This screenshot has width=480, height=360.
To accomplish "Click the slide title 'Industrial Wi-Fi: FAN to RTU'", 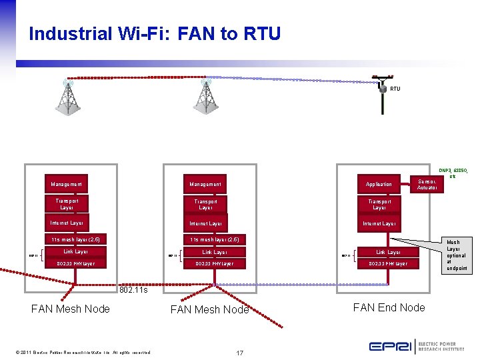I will tap(155, 33).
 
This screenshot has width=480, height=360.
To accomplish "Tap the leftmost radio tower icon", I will tap(67, 97).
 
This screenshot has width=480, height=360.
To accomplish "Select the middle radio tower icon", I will tap(205, 97).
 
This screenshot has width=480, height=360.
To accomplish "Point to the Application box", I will tap(379, 184).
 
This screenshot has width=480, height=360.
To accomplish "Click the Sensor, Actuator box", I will tap(427, 184).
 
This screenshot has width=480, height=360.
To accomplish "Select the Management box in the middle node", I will tap(205, 184).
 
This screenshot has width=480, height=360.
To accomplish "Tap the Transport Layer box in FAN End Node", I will tap(379, 204).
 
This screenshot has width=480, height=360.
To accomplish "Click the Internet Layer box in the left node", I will tap(67, 223).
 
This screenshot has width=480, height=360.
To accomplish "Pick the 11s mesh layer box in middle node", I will tap(214, 239).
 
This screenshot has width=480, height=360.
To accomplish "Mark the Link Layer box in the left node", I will tap(75, 252).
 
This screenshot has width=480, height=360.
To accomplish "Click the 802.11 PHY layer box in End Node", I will tap(388, 264).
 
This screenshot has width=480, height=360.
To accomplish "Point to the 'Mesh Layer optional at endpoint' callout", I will tap(457, 255).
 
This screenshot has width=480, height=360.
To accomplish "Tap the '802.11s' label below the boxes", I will tap(133, 291).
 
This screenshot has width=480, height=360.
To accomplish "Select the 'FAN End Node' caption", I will tap(389, 307).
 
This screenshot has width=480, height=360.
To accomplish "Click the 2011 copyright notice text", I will tap(74, 352).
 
